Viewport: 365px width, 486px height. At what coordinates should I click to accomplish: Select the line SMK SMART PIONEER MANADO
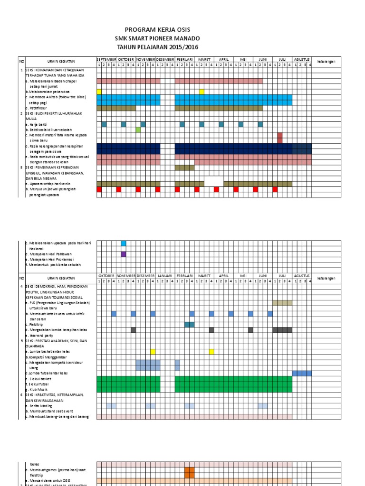click(157, 38)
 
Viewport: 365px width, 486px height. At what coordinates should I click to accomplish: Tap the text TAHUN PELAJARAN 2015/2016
click(157, 47)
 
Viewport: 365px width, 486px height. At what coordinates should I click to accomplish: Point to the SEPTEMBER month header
click(106, 59)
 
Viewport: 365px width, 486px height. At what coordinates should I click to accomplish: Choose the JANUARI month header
click(165, 276)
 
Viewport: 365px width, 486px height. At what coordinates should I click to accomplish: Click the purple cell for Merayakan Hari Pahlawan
click(124, 254)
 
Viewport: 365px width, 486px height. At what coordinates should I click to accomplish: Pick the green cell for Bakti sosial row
click(138, 130)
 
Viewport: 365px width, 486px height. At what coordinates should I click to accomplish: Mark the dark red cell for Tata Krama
click(280, 138)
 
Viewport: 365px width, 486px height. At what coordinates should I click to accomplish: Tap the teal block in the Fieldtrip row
click(190, 324)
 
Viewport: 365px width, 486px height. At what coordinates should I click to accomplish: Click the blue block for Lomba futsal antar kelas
click(302, 373)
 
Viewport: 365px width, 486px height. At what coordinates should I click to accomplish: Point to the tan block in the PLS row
click(282, 303)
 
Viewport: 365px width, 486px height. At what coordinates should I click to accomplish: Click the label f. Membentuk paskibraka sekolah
click(53, 265)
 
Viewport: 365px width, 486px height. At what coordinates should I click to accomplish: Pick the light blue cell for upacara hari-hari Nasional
click(124, 243)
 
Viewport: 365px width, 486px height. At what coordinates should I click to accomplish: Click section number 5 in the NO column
click(21, 341)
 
